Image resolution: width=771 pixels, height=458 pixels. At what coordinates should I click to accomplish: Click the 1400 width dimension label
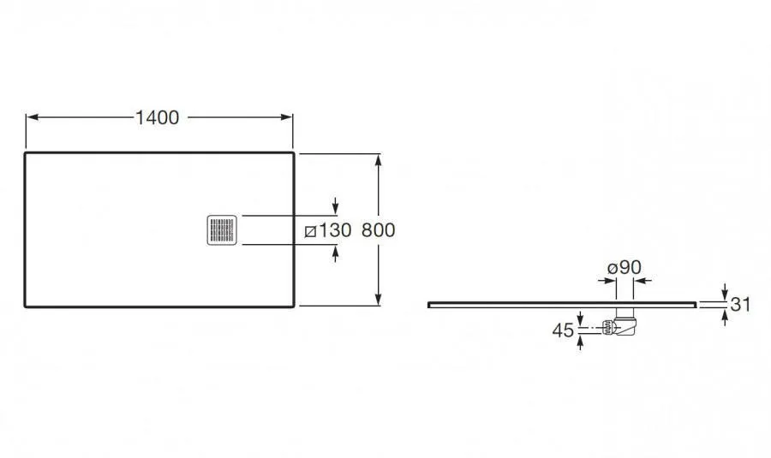(158, 117)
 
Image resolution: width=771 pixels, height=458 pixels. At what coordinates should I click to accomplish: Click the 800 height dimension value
(378, 230)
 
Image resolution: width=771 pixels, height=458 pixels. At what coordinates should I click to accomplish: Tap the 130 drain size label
(335, 230)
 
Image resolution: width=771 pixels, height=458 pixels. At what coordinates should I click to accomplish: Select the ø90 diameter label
(625, 267)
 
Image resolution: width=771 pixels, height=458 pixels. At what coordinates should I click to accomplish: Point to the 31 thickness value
(740, 305)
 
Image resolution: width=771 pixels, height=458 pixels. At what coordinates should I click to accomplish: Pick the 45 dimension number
(563, 330)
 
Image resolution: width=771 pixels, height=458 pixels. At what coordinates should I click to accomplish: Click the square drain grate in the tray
(222, 230)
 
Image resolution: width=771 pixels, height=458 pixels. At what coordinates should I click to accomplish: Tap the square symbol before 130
(310, 231)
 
